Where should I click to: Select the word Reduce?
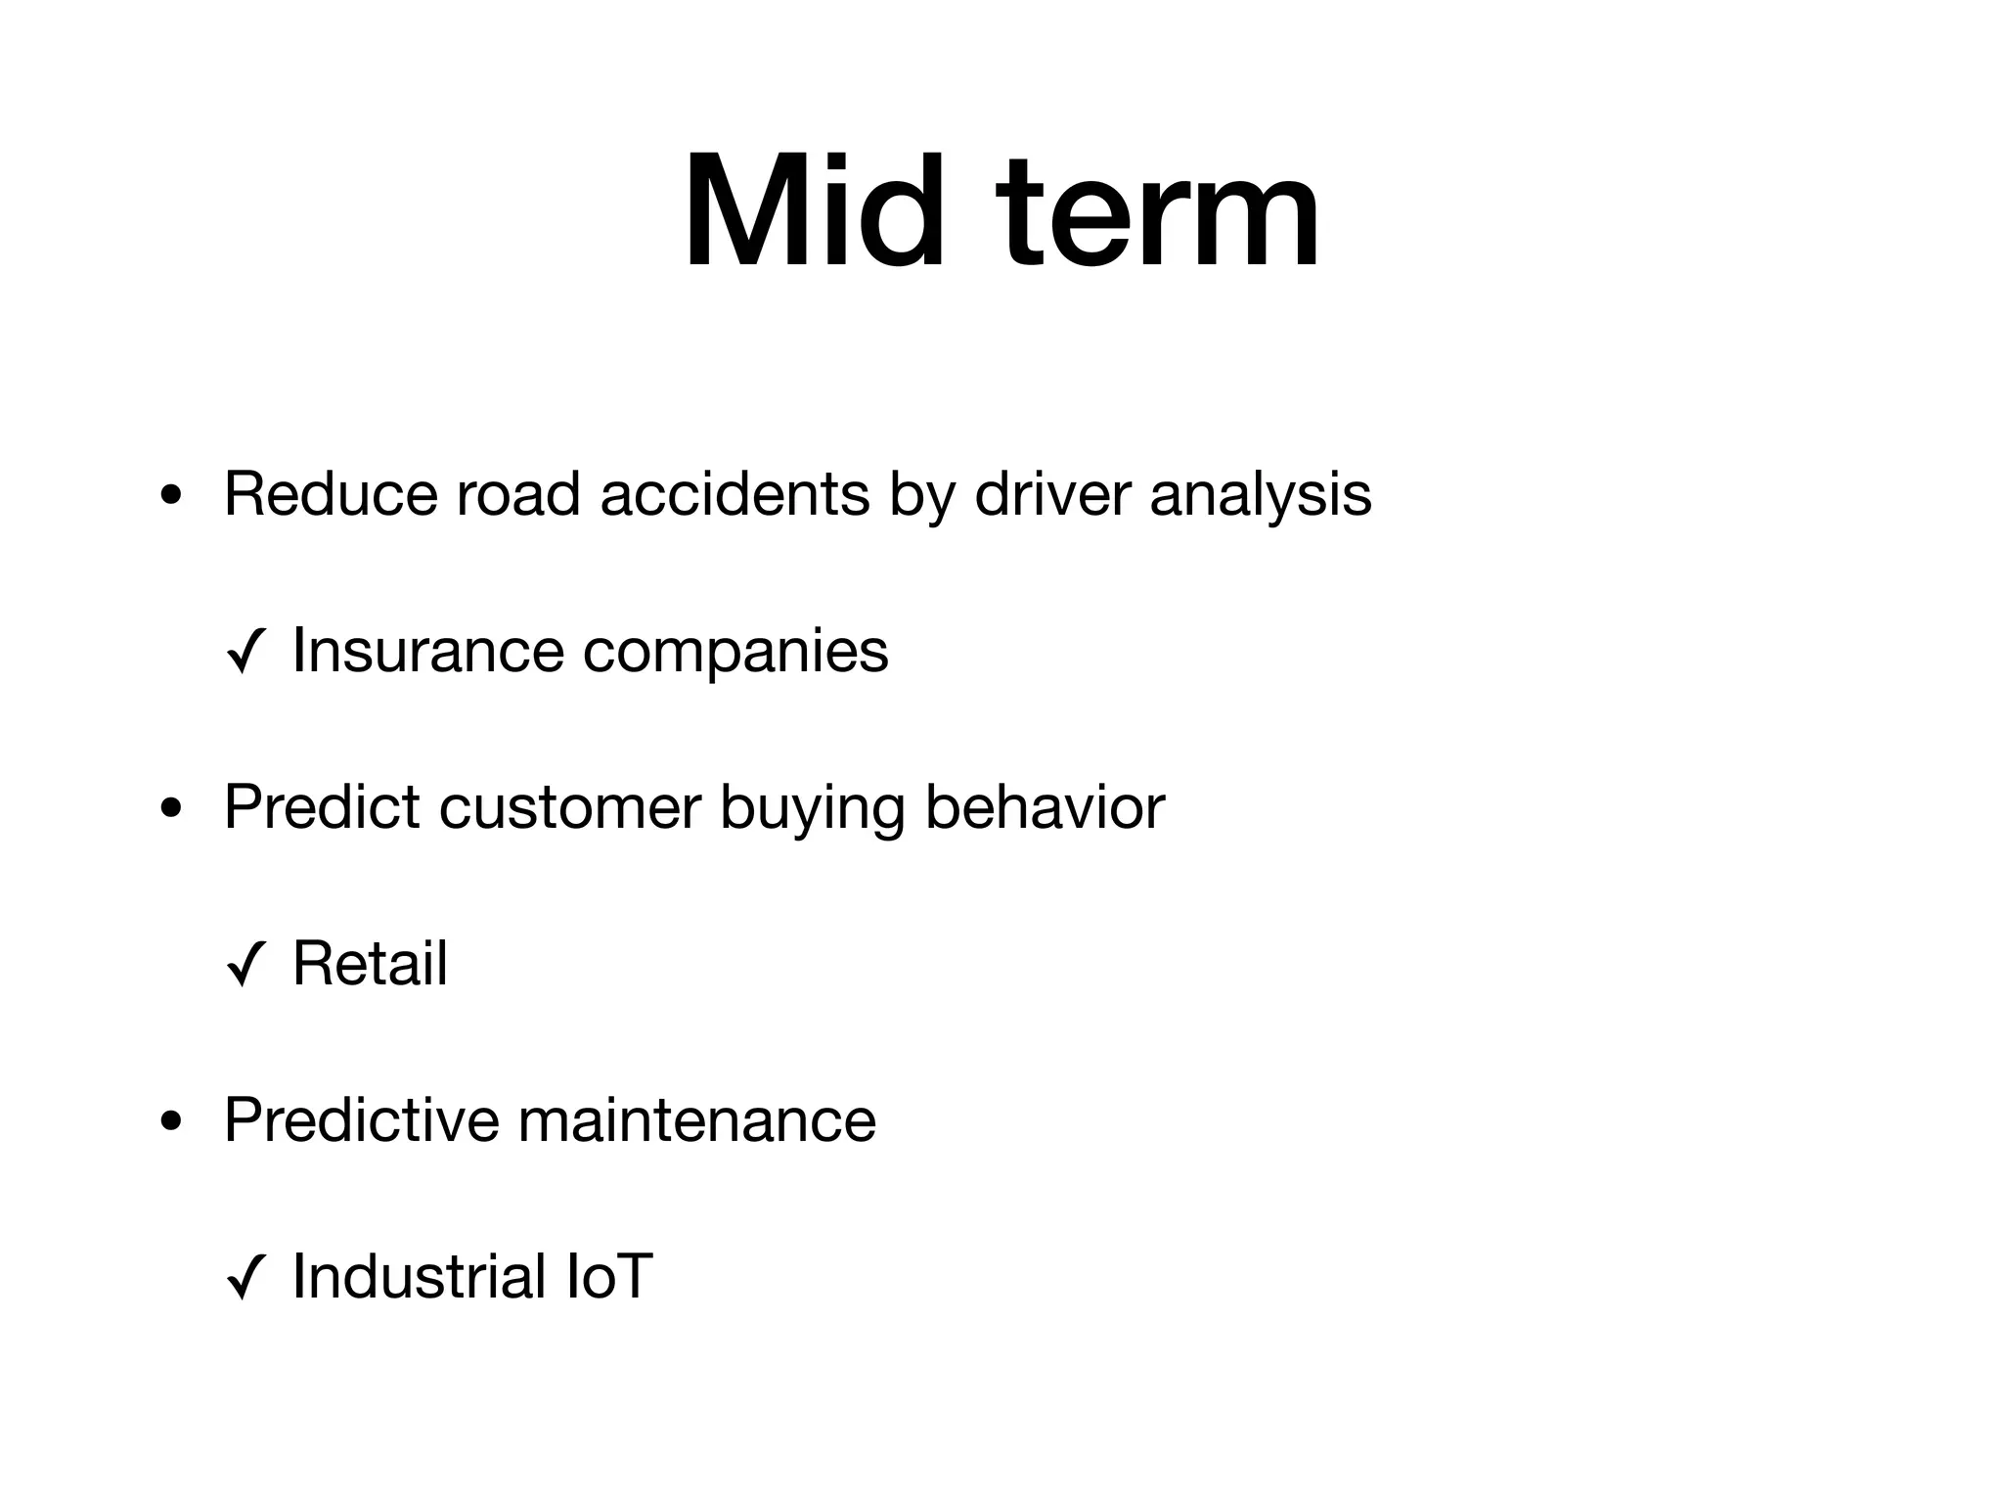pyautogui.click(x=331, y=494)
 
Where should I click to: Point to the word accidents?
pyautogui.click(x=734, y=494)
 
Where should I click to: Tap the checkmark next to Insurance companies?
pyautogui.click(x=245, y=654)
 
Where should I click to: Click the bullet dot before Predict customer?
pyautogui.click(x=171, y=810)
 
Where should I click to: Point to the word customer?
pyautogui.click(x=570, y=808)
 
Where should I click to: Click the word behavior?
pyautogui.click(x=1045, y=807)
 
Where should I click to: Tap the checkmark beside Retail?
pyautogui.click(x=245, y=967)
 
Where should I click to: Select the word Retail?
pyautogui.click(x=370, y=964)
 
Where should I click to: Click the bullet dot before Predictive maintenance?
pyautogui.click(x=171, y=1123)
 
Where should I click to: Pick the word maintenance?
pyautogui.click(x=696, y=1121)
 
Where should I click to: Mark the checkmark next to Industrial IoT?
pyautogui.click(x=245, y=1280)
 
